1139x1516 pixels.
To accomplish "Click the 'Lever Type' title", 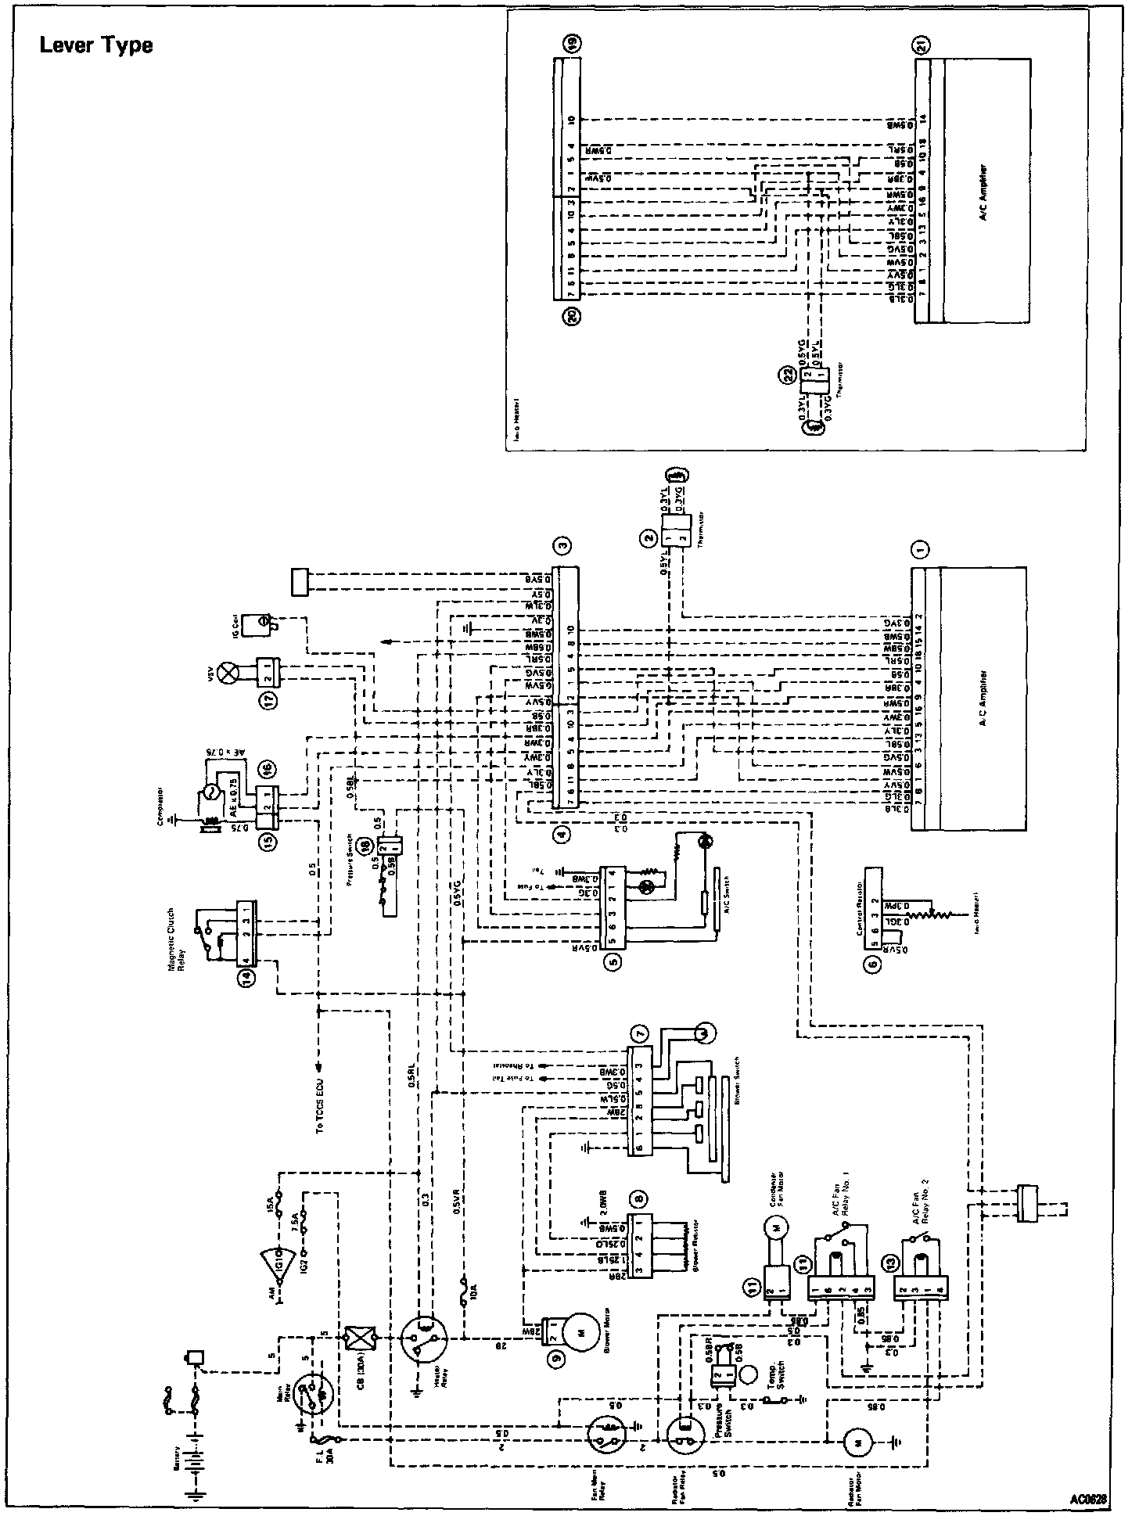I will [96, 45].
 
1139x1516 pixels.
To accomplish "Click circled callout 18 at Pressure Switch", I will [365, 845].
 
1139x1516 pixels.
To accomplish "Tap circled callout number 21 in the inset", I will [923, 46].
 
